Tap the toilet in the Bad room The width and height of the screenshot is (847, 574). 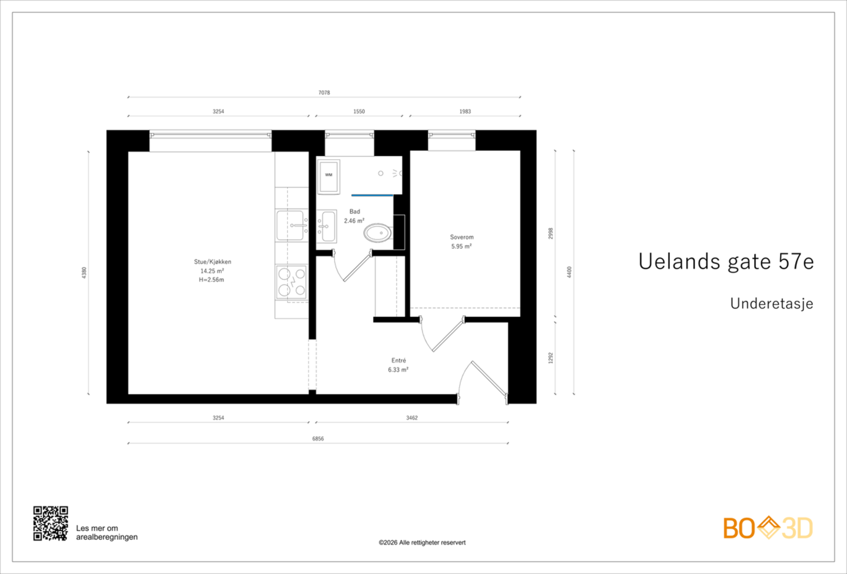click(377, 233)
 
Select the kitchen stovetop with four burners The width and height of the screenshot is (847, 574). click(292, 282)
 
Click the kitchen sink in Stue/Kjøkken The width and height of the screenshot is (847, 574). click(291, 225)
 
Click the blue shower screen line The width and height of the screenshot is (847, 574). click(372, 195)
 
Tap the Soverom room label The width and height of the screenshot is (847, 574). click(462, 237)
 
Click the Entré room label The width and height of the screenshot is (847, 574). click(399, 361)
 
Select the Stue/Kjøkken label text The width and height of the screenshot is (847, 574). click(212, 262)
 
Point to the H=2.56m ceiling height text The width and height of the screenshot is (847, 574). click(211, 280)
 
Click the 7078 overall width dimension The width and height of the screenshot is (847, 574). click(324, 93)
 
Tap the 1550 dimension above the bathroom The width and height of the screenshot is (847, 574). click(359, 112)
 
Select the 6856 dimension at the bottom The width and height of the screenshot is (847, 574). click(318, 439)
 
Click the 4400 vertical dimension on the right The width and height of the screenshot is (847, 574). click(570, 272)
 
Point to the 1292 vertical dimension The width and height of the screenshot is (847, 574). click(551, 358)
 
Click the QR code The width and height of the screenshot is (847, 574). click(51, 523)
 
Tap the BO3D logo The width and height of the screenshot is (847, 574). click(768, 528)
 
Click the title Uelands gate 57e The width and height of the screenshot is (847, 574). click(726, 261)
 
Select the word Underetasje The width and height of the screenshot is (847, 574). click(771, 304)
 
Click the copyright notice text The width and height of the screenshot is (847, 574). click(422, 542)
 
